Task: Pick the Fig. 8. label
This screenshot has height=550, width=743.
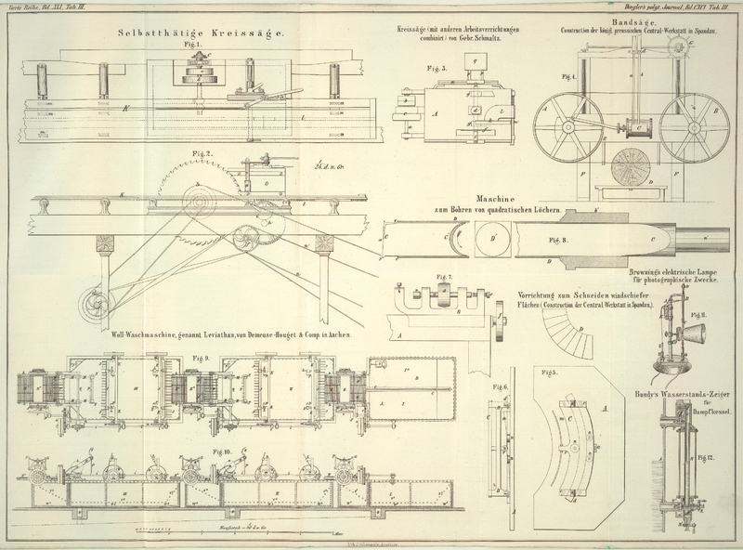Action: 560,239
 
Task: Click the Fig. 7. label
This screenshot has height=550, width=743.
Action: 444,276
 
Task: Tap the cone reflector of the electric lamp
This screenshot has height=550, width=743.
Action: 697,334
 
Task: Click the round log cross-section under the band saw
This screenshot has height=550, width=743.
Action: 633,165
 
